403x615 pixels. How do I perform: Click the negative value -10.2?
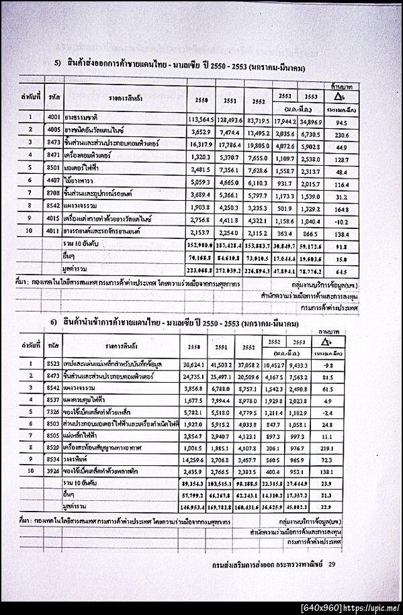point(341,219)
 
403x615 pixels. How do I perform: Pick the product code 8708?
point(54,193)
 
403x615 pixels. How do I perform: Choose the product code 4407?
point(54,181)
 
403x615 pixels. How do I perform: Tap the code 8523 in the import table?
point(54,365)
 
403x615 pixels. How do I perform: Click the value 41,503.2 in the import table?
point(230,365)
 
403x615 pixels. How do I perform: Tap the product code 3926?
point(54,472)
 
